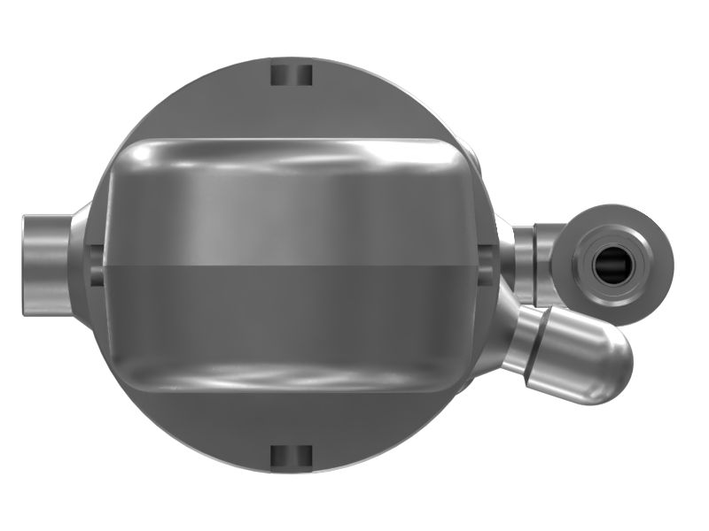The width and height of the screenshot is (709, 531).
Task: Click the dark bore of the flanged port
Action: [611, 262]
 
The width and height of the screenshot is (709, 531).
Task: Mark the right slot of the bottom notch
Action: [303, 455]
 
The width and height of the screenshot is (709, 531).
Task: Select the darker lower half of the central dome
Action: [292, 310]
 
